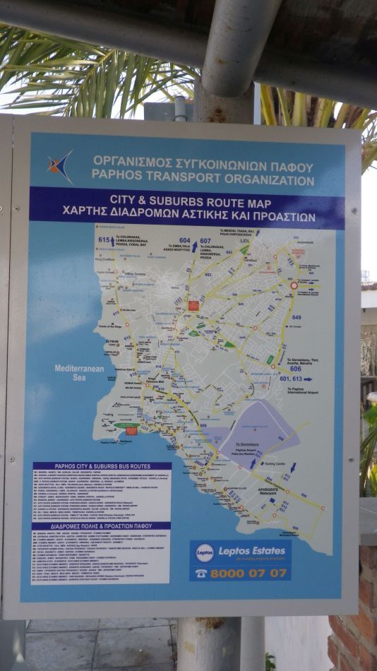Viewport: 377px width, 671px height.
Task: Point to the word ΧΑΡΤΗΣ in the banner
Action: coord(88,217)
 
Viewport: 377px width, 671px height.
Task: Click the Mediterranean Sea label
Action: coord(79,372)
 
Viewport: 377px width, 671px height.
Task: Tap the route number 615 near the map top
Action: coord(104,240)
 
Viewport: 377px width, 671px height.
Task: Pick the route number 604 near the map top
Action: coord(184,240)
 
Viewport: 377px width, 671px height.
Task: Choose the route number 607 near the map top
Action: coord(205,240)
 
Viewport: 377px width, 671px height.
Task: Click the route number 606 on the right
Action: coord(295,369)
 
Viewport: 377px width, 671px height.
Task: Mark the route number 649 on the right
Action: coord(296,317)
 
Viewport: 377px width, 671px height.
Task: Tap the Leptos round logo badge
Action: coord(204,553)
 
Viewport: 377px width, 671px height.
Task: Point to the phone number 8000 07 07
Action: coord(249,572)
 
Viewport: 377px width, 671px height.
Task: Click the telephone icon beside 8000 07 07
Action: coord(201,573)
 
